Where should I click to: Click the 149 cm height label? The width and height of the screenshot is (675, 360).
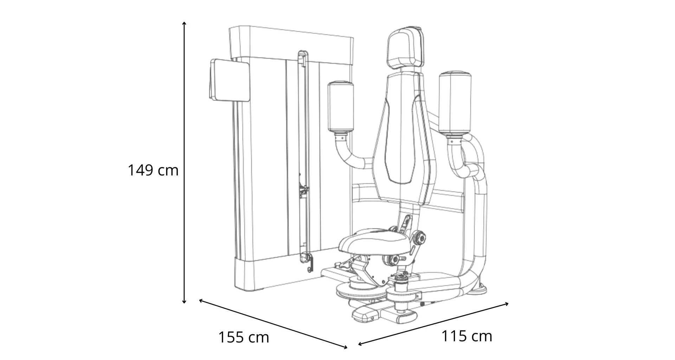click(x=153, y=171)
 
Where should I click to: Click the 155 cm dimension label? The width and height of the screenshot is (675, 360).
click(x=244, y=337)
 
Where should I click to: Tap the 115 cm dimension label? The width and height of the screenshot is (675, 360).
click(x=467, y=336)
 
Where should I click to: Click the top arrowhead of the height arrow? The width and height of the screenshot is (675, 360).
click(x=184, y=24)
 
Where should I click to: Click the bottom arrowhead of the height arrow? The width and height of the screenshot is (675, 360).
click(x=184, y=301)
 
